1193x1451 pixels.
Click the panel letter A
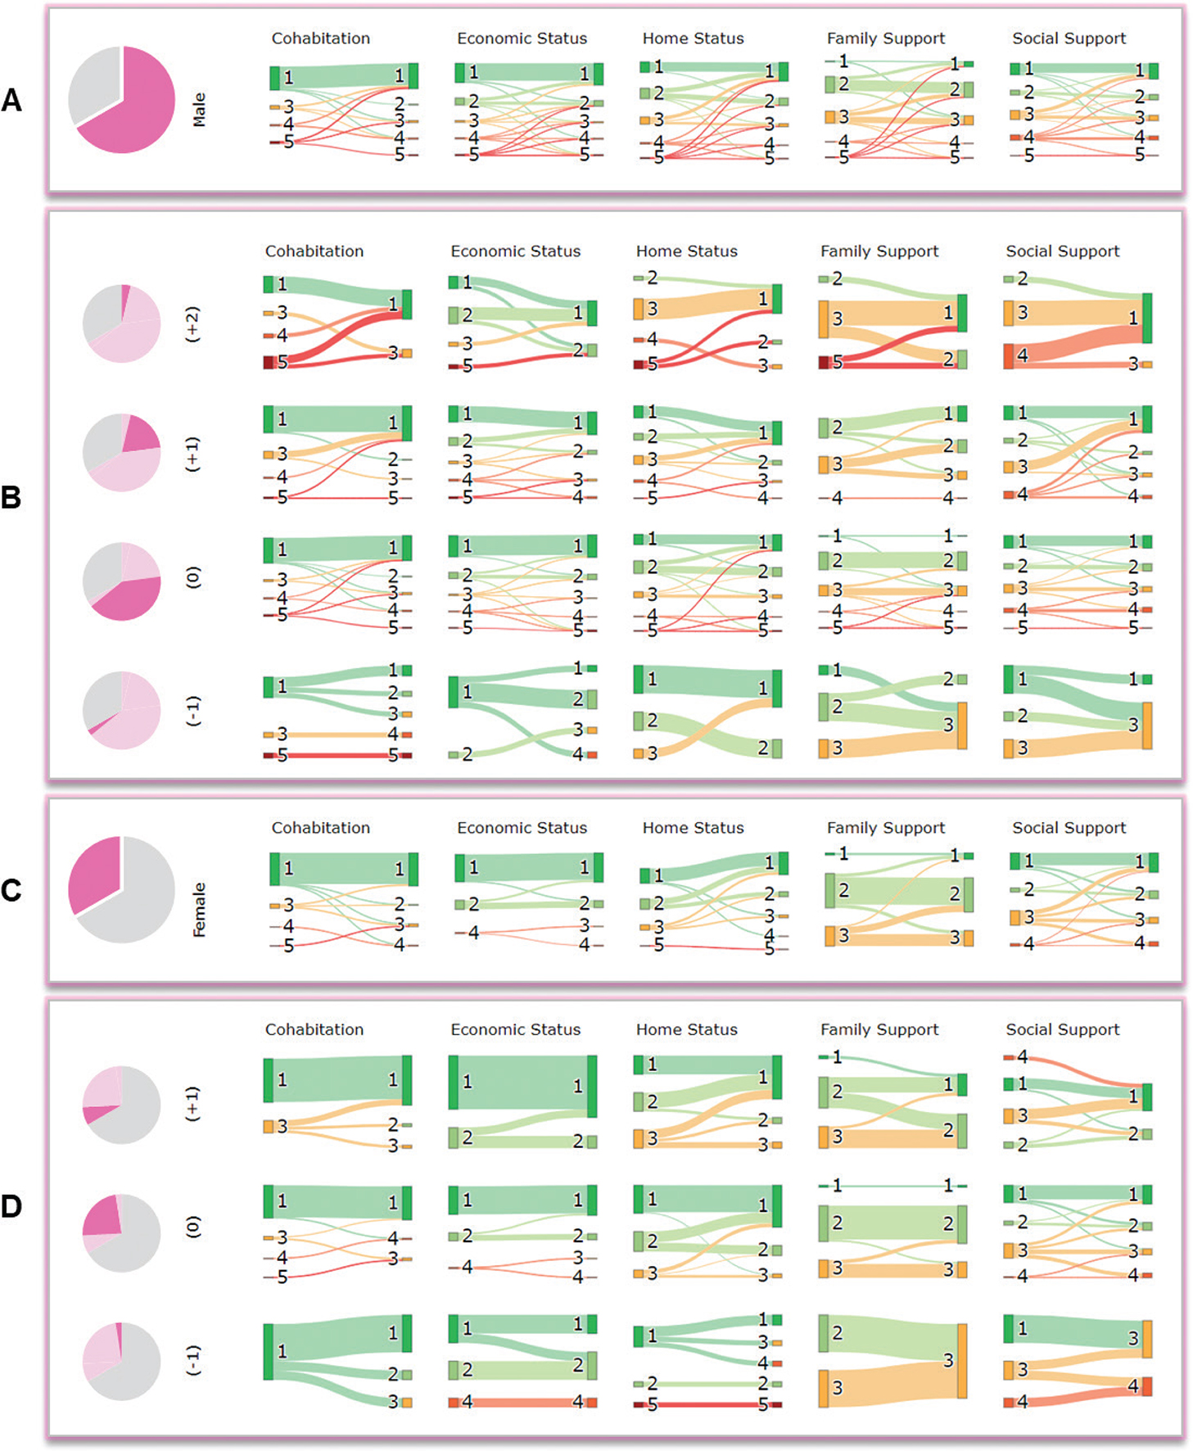point(11,100)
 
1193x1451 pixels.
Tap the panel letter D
point(11,1206)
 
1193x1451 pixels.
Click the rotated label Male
point(199,110)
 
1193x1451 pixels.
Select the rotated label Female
point(199,909)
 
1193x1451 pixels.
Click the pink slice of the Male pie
point(135,106)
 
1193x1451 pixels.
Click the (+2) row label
point(192,324)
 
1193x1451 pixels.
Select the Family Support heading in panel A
point(885,38)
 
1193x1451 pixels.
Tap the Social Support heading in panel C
point(1069,828)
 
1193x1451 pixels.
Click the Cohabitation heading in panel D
point(314,1029)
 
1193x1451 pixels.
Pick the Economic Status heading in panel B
point(515,251)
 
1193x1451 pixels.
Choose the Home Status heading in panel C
point(693,828)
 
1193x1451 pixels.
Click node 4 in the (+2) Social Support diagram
point(1009,356)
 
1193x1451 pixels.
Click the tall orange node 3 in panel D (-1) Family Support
point(962,1360)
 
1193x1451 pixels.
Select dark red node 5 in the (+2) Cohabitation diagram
point(269,362)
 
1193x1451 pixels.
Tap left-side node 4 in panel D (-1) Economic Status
point(454,1403)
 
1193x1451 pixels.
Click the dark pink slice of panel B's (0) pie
point(128,598)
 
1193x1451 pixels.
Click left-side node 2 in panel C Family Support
point(829,890)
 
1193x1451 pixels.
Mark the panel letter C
point(11,890)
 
